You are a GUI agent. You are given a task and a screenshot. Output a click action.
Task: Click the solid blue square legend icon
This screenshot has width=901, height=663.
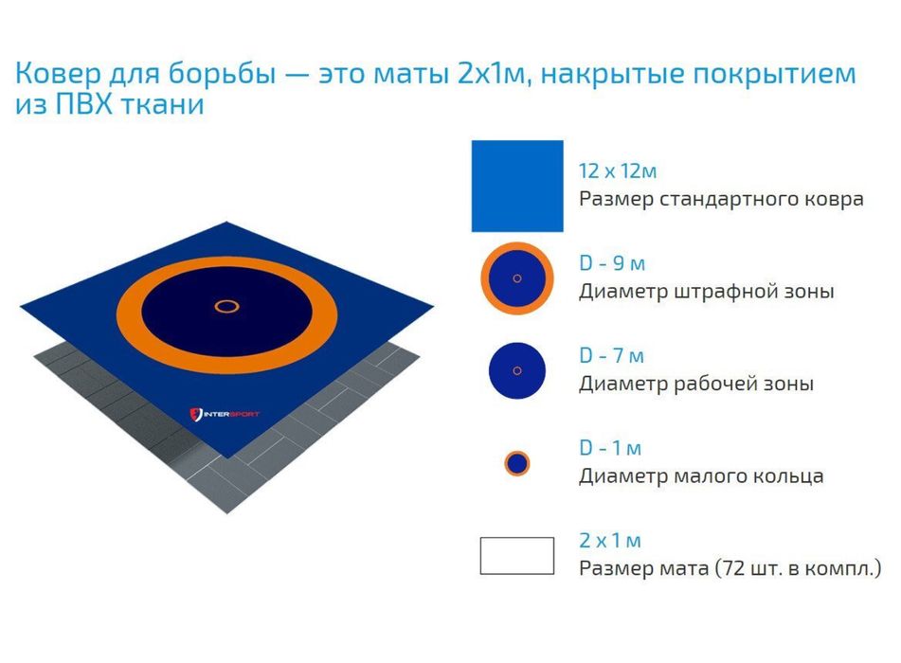click(x=517, y=186)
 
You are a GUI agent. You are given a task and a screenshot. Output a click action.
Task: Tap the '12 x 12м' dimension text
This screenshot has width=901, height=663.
click(x=617, y=171)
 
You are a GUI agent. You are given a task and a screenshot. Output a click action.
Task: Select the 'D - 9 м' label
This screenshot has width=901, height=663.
click(x=611, y=264)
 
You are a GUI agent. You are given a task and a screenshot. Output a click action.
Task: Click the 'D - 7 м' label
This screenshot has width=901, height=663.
click(x=611, y=356)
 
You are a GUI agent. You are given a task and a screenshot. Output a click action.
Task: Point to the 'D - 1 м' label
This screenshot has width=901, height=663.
click(x=610, y=448)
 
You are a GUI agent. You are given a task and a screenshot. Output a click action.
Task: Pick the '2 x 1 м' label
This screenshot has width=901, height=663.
click(x=610, y=541)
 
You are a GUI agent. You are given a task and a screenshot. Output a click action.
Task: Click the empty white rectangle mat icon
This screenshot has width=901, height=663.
click(x=516, y=555)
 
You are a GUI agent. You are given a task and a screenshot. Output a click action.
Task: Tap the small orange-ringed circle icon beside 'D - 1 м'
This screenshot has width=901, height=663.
click(x=516, y=463)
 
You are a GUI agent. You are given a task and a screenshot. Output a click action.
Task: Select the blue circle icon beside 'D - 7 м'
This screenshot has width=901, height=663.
click(x=516, y=370)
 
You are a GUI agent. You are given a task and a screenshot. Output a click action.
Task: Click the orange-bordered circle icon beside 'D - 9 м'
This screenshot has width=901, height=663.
click(x=516, y=278)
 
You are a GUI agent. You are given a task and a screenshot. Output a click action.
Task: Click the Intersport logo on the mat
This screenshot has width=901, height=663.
click(x=225, y=414)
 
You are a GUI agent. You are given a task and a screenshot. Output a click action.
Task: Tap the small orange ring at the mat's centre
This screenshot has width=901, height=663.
click(x=226, y=306)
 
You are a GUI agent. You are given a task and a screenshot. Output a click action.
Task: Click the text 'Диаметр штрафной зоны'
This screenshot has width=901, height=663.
click(x=706, y=292)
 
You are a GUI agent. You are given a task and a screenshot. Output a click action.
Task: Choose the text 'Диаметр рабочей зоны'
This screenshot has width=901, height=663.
click(x=696, y=384)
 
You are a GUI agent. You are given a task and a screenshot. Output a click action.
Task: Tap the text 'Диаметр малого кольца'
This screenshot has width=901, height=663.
click(x=701, y=475)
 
